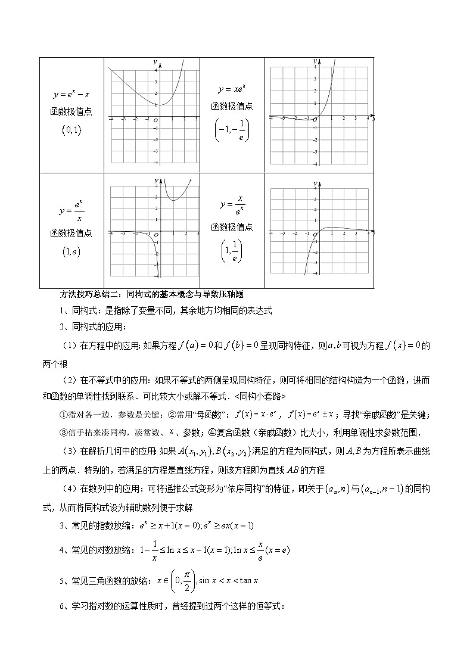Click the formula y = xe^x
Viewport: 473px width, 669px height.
pyautogui.click(x=232, y=89)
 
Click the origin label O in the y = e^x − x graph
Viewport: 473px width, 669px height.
pyautogui.click(x=155, y=121)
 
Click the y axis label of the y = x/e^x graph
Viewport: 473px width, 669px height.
pyautogui.click(x=315, y=180)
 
